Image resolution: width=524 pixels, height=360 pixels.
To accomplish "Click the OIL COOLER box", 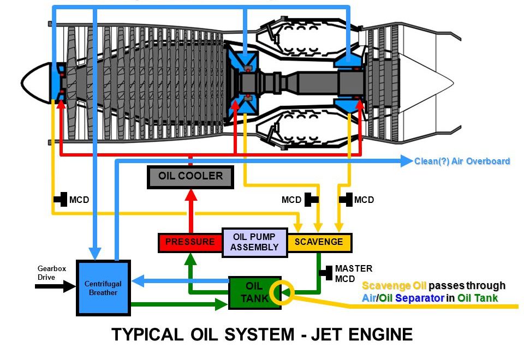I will coord(190,177).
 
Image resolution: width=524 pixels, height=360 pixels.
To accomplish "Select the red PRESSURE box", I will coord(190,242).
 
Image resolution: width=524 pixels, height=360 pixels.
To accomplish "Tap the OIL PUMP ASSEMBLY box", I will coord(254,242).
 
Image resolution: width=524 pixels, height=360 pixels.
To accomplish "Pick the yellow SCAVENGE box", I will coord(319,242).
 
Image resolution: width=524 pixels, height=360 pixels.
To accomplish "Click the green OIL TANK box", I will coord(254,292).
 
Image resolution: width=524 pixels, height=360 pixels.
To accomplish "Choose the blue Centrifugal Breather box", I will coord(103,288).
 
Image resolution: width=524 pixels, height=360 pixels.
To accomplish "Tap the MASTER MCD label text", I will coord(353,273).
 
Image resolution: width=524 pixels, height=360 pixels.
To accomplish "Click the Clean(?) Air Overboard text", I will coord(462,161).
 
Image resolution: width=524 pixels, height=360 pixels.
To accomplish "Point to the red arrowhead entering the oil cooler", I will coord(190,195).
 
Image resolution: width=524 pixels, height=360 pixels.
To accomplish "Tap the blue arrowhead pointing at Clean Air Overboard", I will coord(406,160).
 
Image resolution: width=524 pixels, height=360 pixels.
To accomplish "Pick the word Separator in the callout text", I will coord(419,298).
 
